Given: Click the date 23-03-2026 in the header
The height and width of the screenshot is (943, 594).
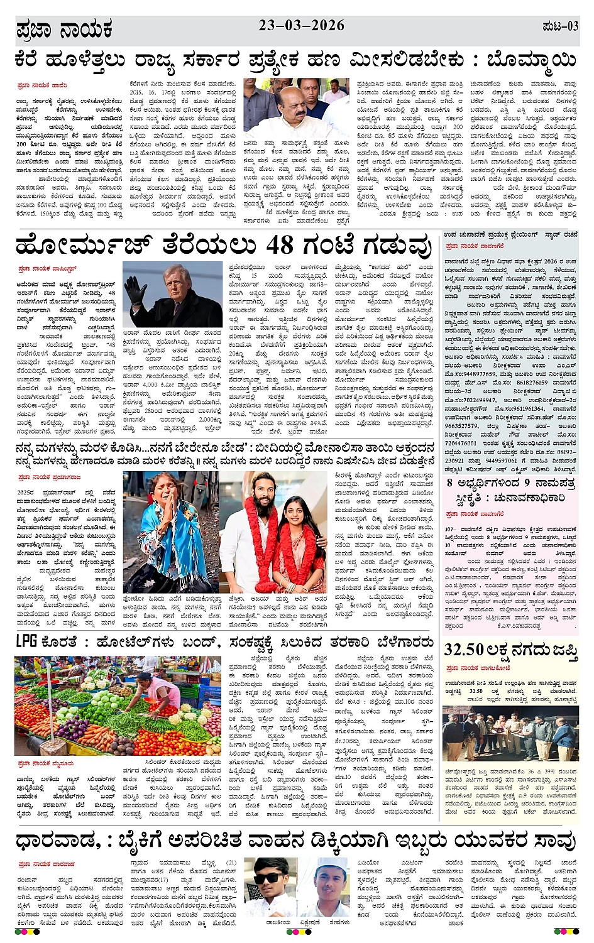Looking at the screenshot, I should (301, 25).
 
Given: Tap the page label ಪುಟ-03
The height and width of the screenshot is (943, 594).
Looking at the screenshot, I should (559, 26).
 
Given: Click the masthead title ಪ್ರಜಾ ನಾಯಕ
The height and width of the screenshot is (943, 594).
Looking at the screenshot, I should (64, 30).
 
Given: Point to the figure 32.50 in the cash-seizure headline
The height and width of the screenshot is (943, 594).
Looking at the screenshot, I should (464, 650).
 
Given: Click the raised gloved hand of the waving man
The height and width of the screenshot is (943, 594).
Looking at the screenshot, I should (134, 291).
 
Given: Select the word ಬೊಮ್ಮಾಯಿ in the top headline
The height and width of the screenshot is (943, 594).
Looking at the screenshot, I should (531, 60).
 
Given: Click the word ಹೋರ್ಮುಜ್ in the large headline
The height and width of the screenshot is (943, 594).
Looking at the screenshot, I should (82, 244).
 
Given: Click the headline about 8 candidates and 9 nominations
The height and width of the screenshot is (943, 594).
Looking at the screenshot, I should (510, 491).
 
